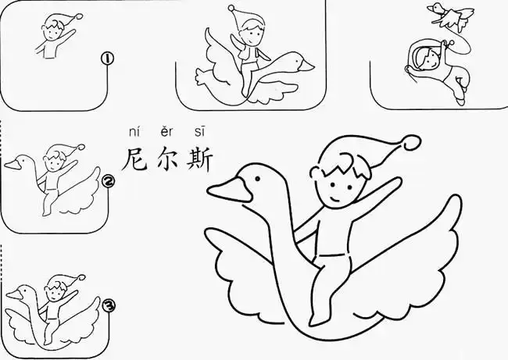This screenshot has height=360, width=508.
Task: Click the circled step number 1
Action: pyautogui.click(x=108, y=58)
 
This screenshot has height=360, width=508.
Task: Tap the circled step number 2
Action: pyautogui.click(x=109, y=183)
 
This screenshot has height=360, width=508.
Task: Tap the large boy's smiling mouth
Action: pyautogui.click(x=335, y=201)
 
